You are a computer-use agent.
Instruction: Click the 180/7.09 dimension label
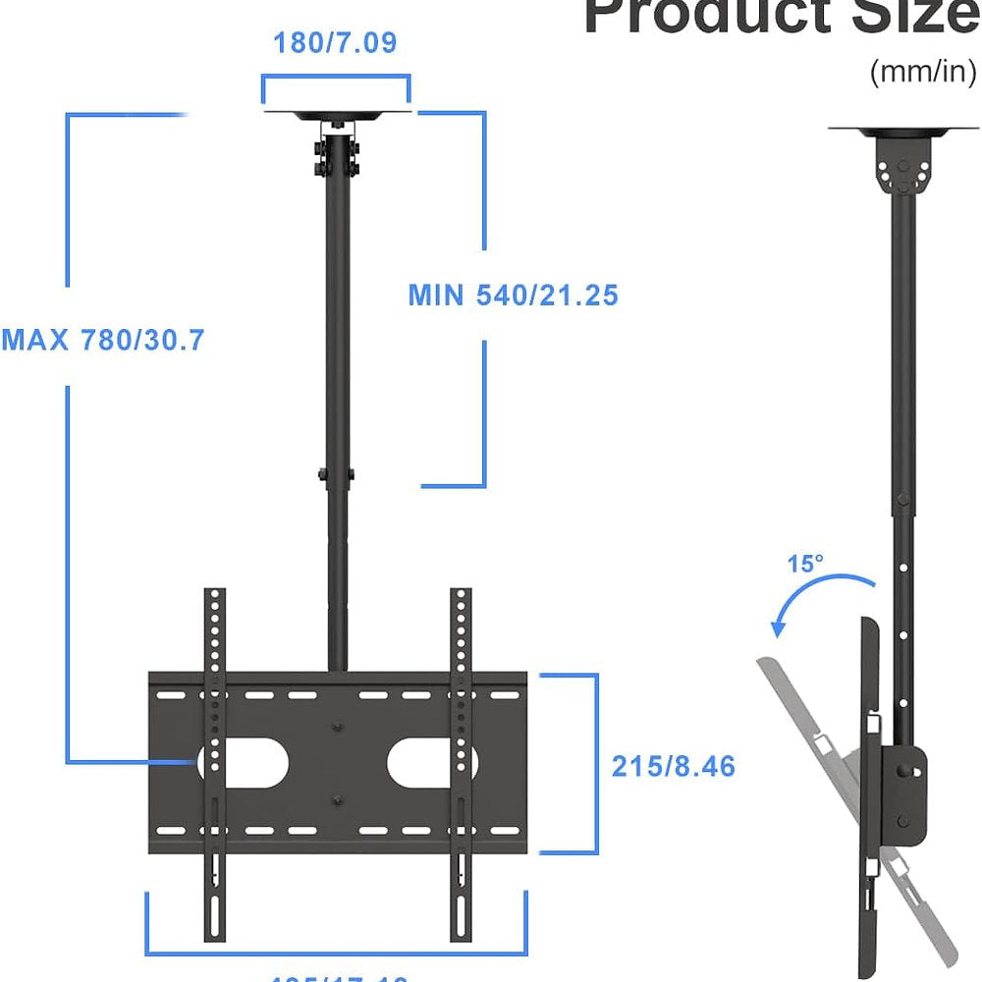pyautogui.click(x=335, y=43)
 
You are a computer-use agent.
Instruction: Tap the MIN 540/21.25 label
pyautogui.click(x=513, y=295)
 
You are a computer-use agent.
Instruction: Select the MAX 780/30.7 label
pyautogui.click(x=103, y=340)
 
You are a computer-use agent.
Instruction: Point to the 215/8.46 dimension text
pyautogui.click(x=673, y=766)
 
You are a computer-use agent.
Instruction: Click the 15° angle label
pyautogui.click(x=805, y=565)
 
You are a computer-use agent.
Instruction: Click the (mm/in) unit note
pyautogui.click(x=922, y=73)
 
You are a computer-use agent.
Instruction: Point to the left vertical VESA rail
pyautogui.click(x=214, y=766)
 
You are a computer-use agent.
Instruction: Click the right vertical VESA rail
pyautogui.click(x=460, y=766)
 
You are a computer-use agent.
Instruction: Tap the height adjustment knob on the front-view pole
pyautogui.click(x=322, y=474)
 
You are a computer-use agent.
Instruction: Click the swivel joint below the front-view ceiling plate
pyautogui.click(x=336, y=152)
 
